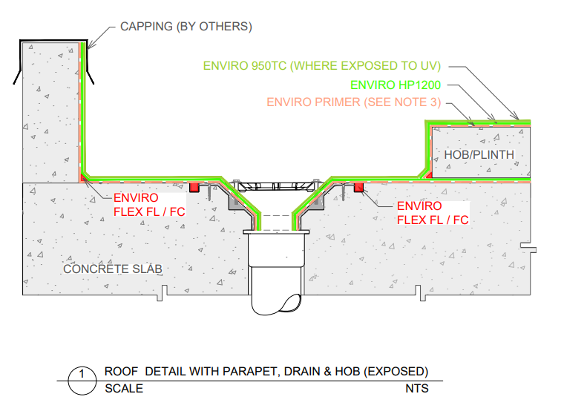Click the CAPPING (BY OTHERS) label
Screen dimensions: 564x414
click(x=186, y=27)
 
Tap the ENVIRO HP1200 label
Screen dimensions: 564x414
click(x=396, y=85)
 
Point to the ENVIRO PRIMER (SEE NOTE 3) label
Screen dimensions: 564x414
click(x=354, y=102)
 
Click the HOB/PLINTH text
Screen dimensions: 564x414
click(x=479, y=154)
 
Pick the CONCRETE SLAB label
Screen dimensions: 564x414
click(x=113, y=269)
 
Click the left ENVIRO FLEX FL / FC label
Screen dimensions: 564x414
click(x=149, y=205)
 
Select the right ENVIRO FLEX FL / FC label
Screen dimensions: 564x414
click(x=433, y=213)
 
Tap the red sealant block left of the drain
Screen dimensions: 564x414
click(x=194, y=187)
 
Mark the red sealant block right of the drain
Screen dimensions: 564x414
click(x=358, y=187)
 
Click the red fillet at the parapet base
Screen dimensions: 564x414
click(x=83, y=177)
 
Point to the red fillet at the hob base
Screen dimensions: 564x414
click(x=429, y=175)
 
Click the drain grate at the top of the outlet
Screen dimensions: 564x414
click(x=276, y=185)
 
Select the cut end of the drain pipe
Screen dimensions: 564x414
click(x=291, y=303)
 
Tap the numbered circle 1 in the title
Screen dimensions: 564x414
click(x=82, y=381)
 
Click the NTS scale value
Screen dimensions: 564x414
click(x=417, y=389)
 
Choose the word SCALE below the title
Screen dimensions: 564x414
click(x=124, y=389)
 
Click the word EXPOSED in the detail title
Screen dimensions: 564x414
click(x=396, y=371)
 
